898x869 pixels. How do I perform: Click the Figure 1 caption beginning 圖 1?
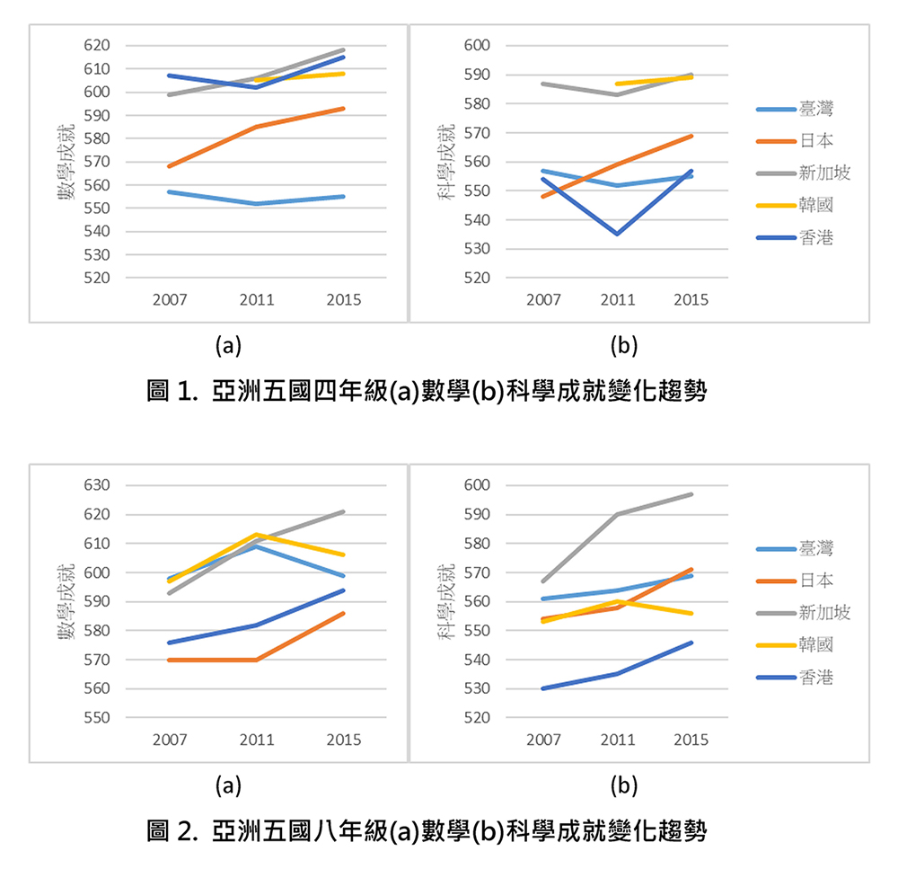pyautogui.click(x=427, y=392)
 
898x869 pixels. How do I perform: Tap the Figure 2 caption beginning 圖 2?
pyautogui.click(x=427, y=831)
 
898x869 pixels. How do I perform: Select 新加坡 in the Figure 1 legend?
pyautogui.click(x=823, y=173)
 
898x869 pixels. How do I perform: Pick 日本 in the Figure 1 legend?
pyautogui.click(x=815, y=141)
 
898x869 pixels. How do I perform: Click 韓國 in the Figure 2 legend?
pyautogui.click(x=815, y=645)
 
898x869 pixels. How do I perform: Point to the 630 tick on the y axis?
pyautogui.click(x=95, y=486)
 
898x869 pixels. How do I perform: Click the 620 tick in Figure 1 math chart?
pyautogui.click(x=95, y=46)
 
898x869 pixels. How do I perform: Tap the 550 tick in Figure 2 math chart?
pyautogui.click(x=95, y=718)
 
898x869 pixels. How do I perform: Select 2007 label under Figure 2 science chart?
pyautogui.click(x=543, y=740)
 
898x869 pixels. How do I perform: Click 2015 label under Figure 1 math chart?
pyautogui.click(x=343, y=300)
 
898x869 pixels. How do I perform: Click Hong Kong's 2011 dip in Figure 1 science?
pyautogui.click(x=617, y=234)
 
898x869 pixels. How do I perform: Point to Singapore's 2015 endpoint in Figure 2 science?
pyautogui.click(x=691, y=493)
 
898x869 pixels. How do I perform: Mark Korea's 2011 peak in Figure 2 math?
pyautogui.click(x=257, y=535)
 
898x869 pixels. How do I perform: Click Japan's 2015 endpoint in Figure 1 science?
pyautogui.click(x=691, y=136)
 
